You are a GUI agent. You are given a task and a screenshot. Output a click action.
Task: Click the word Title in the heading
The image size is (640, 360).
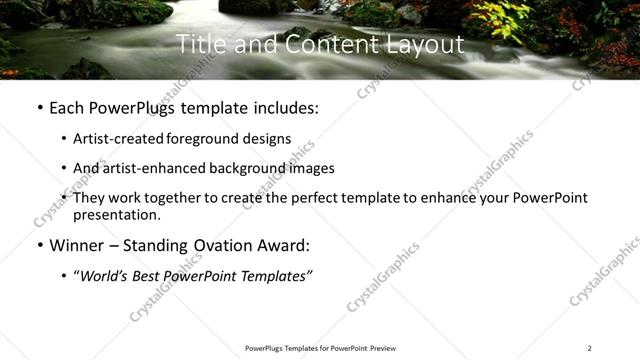tap(198, 45)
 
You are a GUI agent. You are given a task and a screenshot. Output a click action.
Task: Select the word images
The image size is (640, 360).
tap(309, 169)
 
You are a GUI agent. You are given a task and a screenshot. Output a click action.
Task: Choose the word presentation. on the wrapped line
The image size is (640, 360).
tap(117, 214)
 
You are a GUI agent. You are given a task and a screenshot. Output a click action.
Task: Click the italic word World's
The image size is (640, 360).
tap(105, 276)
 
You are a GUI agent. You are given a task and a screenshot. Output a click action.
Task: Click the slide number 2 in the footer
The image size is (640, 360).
tap(589, 348)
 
